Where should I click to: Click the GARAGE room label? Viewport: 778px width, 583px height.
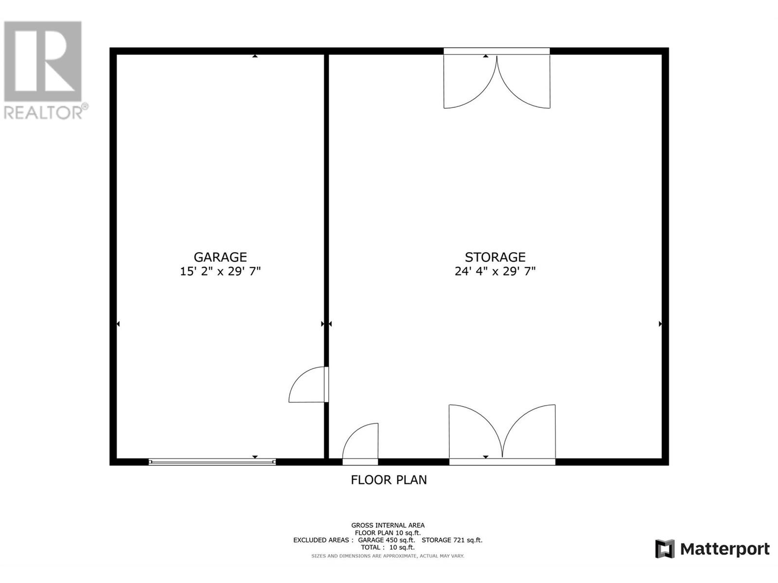pos(220,257)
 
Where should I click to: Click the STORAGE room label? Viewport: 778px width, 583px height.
pos(495,257)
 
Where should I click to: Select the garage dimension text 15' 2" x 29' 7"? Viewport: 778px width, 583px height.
pos(220,271)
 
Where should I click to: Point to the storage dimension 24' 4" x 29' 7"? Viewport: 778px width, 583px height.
pos(495,271)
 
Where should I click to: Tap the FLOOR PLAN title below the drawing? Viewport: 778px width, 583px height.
pos(389,480)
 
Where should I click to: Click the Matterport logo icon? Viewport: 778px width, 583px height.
pos(665,549)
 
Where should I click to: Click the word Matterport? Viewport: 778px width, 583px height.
pos(725,549)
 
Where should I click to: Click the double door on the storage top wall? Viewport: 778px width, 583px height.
pos(496,80)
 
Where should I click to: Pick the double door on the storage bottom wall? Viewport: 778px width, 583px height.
pos(502,434)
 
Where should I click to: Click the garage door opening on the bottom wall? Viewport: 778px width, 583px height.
pos(212,462)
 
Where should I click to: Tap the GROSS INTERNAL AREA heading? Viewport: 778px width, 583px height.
pos(388,525)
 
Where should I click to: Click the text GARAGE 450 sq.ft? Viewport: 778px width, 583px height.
pos(387,540)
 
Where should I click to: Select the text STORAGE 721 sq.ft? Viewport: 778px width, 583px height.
pos(452,540)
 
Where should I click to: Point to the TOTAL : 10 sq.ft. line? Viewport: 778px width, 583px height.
pos(388,548)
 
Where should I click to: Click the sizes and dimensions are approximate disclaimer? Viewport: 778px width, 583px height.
pos(388,556)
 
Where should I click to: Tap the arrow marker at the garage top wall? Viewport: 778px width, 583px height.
pos(255,56)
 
